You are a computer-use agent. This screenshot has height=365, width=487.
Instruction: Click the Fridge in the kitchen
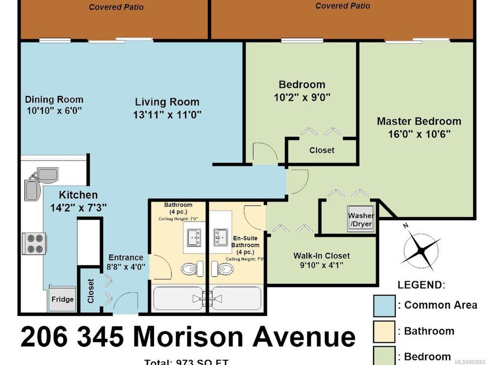pyautogui.click(x=63, y=298)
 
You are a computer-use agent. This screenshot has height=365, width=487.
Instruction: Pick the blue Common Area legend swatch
pyautogui.click(x=384, y=305)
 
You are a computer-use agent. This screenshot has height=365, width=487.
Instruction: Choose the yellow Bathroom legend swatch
pyautogui.click(x=384, y=331)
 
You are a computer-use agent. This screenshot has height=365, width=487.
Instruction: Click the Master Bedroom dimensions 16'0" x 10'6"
pyautogui.click(x=419, y=134)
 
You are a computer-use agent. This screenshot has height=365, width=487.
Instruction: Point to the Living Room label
pyautogui.click(x=167, y=102)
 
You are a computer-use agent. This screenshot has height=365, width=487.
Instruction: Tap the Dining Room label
pyautogui.click(x=54, y=99)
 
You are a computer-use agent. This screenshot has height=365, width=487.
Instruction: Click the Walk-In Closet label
pyautogui.click(x=321, y=256)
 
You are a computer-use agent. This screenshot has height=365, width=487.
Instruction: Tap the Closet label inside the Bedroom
pyautogui.click(x=321, y=150)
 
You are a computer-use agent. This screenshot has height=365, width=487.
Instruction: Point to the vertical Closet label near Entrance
pyautogui.click(x=91, y=290)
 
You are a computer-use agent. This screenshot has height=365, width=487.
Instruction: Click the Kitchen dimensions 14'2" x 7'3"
pyautogui.click(x=78, y=208)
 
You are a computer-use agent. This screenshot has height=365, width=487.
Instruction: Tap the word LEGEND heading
pyautogui.click(x=420, y=285)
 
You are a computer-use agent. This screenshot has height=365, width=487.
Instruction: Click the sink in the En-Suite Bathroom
pyautogui.click(x=221, y=235)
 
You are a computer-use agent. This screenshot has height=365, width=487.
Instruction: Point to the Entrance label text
pyautogui.click(x=126, y=257)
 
